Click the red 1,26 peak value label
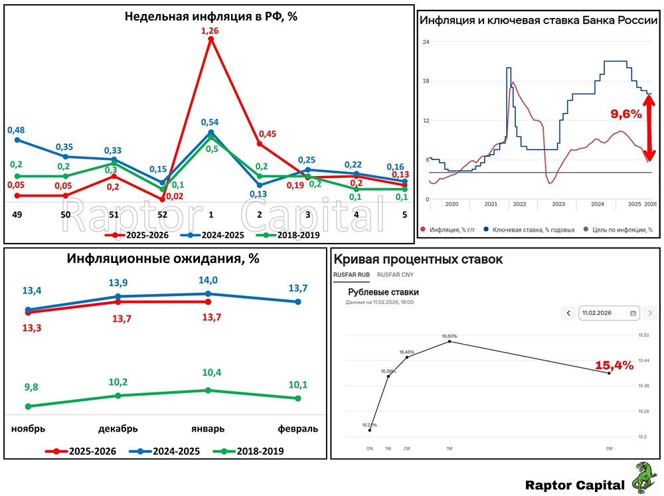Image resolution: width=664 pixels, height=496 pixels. click(x=211, y=31)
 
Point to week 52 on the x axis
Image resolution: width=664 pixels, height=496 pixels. click(x=163, y=215)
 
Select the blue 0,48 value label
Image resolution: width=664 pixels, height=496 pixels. click(x=16, y=129)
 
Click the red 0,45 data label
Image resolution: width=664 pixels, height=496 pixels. click(x=267, y=134)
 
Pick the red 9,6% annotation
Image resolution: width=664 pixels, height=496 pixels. click(x=625, y=114)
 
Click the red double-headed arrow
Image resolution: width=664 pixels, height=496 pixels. click(x=651, y=127)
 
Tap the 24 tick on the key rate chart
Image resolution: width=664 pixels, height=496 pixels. click(x=426, y=42)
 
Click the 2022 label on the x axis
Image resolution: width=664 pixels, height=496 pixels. click(x=519, y=205)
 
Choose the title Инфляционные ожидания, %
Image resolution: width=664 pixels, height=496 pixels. click(x=162, y=259)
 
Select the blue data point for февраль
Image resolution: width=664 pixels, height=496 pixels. click(x=297, y=301)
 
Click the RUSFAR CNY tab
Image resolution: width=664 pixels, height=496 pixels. click(x=394, y=274)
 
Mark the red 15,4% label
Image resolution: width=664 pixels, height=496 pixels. click(x=614, y=365)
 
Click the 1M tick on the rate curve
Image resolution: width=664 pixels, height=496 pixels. click(x=450, y=448)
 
